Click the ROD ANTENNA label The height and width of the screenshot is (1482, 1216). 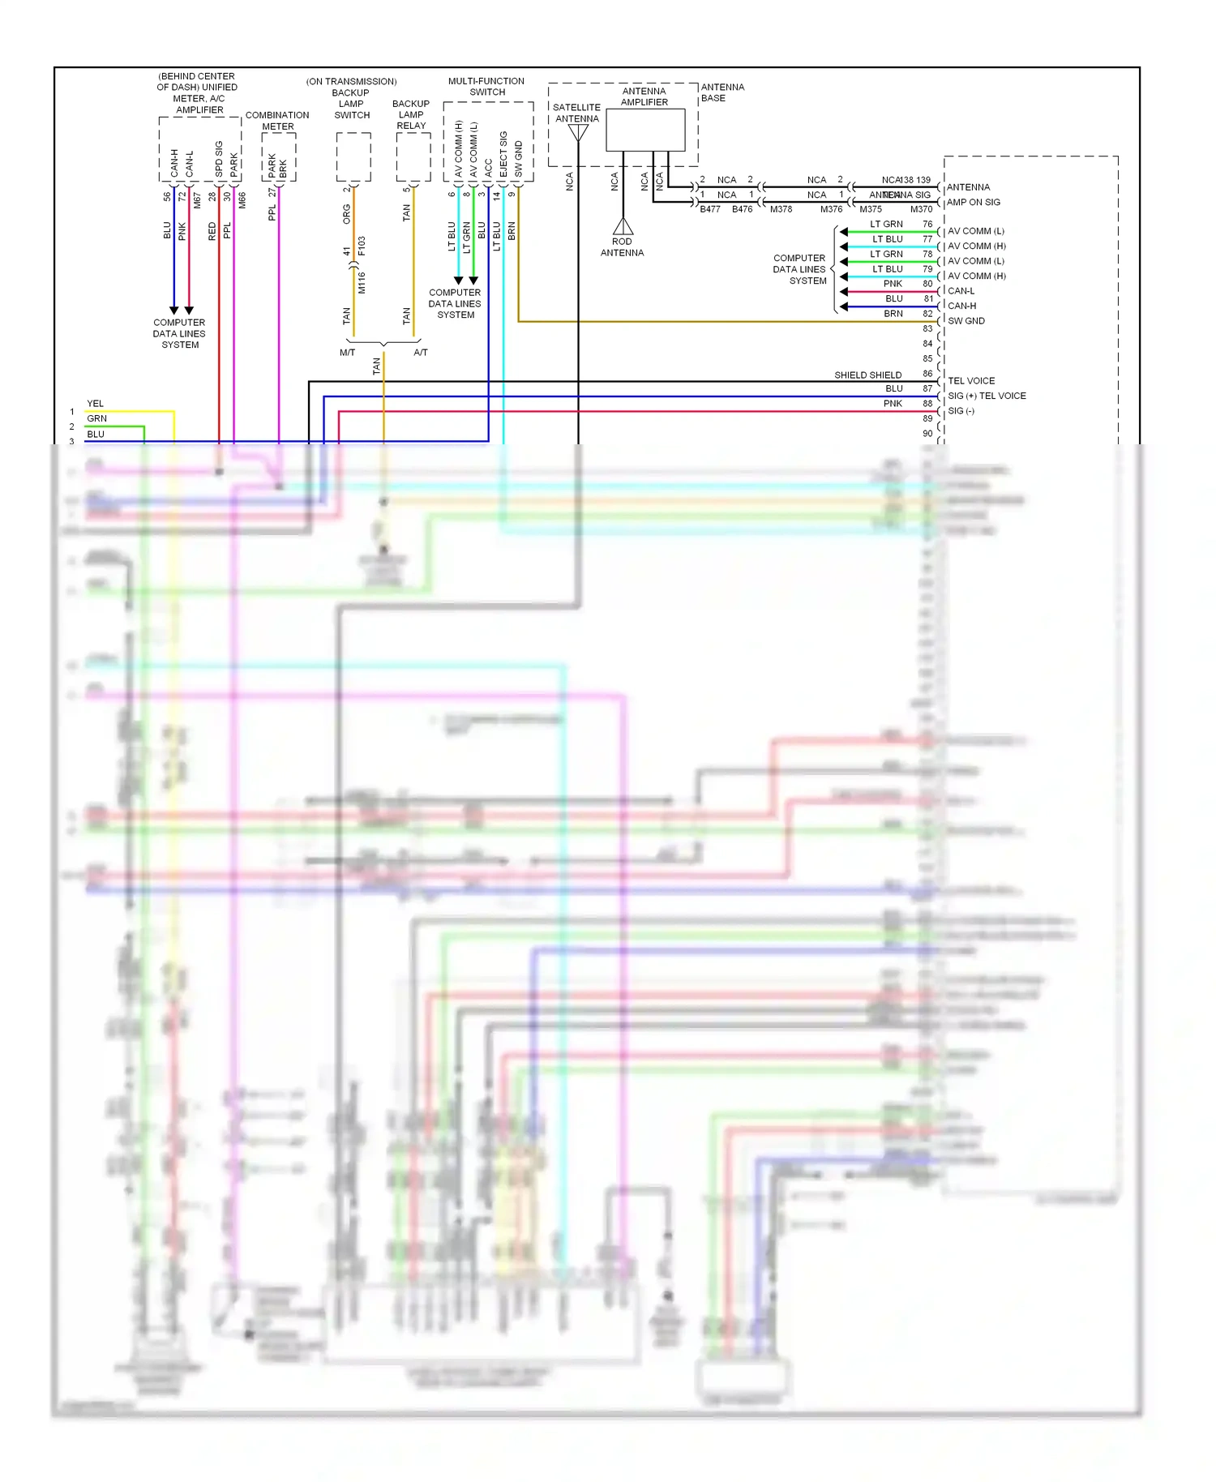pyautogui.click(x=622, y=247)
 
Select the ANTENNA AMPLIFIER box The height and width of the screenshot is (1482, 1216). pyautogui.click(x=645, y=130)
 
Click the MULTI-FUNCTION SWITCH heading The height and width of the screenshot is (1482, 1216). pyautogui.click(x=486, y=87)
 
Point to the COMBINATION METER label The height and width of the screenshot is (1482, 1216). pyautogui.click(x=277, y=121)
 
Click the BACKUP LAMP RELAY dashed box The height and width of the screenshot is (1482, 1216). pyautogui.click(x=413, y=157)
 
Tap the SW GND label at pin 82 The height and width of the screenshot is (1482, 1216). pyautogui.click(x=966, y=321)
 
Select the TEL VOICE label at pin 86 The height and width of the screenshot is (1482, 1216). pyautogui.click(x=971, y=381)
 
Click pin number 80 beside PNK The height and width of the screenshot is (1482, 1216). pyautogui.click(x=927, y=284)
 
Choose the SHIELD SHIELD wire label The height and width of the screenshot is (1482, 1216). pyautogui.click(x=867, y=375)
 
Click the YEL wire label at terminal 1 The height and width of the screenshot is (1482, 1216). pyautogui.click(x=95, y=404)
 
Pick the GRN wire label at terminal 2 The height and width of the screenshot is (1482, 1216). pyautogui.click(x=96, y=419)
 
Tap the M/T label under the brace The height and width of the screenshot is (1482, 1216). pyautogui.click(x=347, y=353)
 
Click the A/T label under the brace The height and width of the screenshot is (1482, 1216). pyautogui.click(x=421, y=353)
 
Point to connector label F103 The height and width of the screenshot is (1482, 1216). pyautogui.click(x=362, y=246)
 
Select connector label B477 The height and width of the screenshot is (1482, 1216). pyautogui.click(x=710, y=209)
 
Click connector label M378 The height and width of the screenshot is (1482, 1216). pyautogui.click(x=781, y=209)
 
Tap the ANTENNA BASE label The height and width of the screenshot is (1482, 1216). pyautogui.click(x=722, y=92)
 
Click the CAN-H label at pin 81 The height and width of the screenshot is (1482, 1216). pyautogui.click(x=961, y=306)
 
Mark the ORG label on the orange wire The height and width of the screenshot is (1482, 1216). pyautogui.click(x=346, y=214)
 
